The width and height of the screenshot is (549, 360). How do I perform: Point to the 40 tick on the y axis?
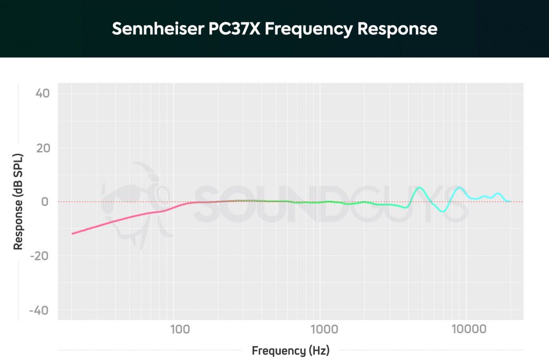coord(43,94)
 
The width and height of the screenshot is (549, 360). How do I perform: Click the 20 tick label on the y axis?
coord(43,148)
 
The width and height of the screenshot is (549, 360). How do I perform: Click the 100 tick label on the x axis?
coord(179,328)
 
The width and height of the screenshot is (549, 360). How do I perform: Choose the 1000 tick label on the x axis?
coord(322,328)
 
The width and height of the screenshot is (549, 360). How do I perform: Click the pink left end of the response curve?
coord(73,233)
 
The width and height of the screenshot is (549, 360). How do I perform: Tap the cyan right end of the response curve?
coord(509,201)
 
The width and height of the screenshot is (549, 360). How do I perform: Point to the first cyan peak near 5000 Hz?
coord(419,187)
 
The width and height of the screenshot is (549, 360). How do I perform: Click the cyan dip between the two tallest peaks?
coord(442,211)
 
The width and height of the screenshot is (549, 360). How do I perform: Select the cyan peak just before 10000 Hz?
coord(459,187)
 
